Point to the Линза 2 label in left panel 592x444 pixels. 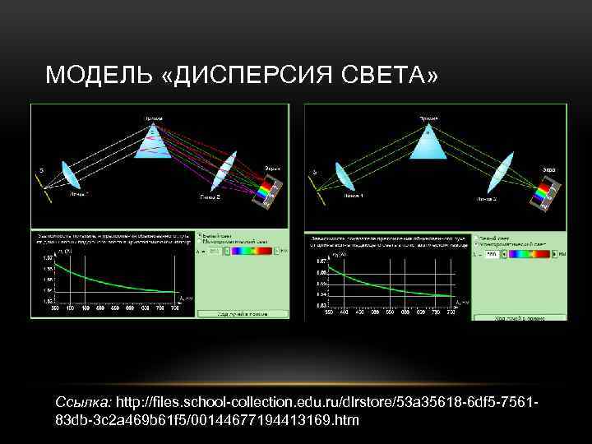(x=209, y=197)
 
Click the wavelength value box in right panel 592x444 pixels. (x=491, y=255)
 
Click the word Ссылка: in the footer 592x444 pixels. (x=83, y=403)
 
